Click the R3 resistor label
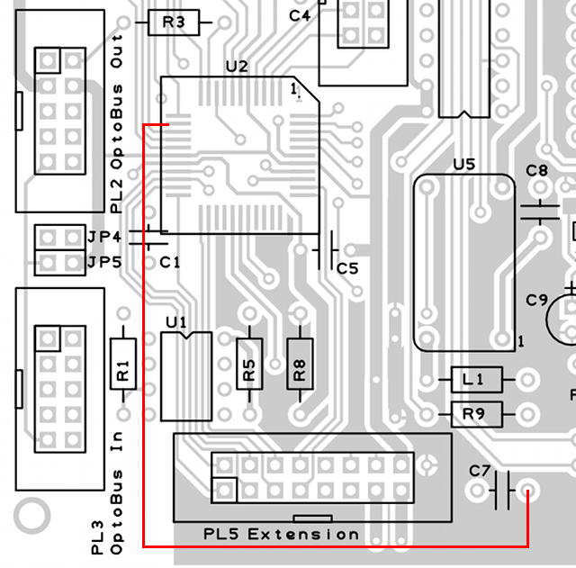175,23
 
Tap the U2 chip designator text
236,67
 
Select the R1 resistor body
123,364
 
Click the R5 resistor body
250,364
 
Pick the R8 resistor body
300,364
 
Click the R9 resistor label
473,414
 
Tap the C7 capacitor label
480,470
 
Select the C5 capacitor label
347,268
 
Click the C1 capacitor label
170,262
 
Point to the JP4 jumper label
104,237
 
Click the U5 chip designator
464,165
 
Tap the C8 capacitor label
536,170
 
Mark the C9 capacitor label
537,300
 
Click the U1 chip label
177,321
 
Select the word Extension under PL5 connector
303,535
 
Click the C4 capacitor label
300,15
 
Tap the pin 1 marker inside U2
294,89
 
